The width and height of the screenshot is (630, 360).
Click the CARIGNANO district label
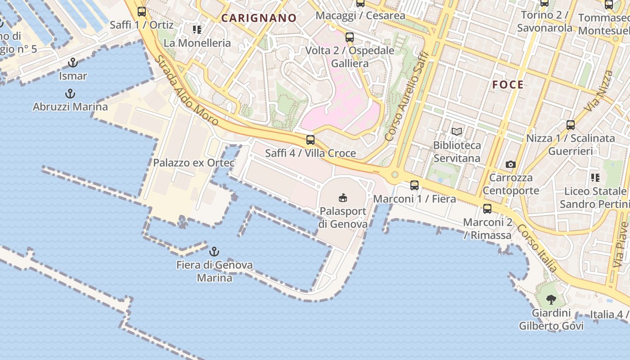point(259,18)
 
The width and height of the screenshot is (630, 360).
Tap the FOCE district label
point(508,85)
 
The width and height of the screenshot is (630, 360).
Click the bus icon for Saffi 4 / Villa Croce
point(310,140)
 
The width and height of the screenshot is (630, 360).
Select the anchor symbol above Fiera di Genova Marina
point(215,251)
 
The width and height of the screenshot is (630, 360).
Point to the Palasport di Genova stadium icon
point(343,198)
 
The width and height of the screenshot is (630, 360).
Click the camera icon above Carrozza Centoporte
point(510,164)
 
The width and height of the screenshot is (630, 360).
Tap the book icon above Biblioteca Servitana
point(457,132)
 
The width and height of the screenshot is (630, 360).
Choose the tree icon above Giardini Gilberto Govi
point(551,299)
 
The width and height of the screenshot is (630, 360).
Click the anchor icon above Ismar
point(72,63)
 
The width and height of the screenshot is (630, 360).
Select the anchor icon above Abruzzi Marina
point(70,94)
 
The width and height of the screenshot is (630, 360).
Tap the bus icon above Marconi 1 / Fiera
point(414,185)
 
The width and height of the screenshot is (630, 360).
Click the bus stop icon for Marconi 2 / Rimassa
point(487,209)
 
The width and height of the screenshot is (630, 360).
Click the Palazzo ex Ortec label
point(194,163)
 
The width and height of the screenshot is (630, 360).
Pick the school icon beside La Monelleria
point(197,30)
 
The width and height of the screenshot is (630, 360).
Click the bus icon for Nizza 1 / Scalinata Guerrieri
point(570,125)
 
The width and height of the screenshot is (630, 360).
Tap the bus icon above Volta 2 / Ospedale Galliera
point(349,37)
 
